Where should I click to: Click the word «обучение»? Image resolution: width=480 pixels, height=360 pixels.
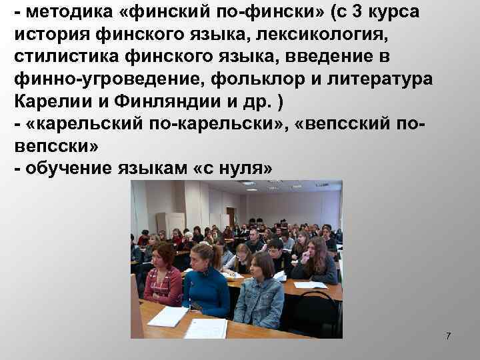67,169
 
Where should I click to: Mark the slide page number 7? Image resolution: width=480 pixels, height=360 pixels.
448,336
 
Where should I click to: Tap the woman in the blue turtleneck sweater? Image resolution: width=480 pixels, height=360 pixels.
205,280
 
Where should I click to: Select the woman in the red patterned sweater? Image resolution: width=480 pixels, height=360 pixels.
162,277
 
